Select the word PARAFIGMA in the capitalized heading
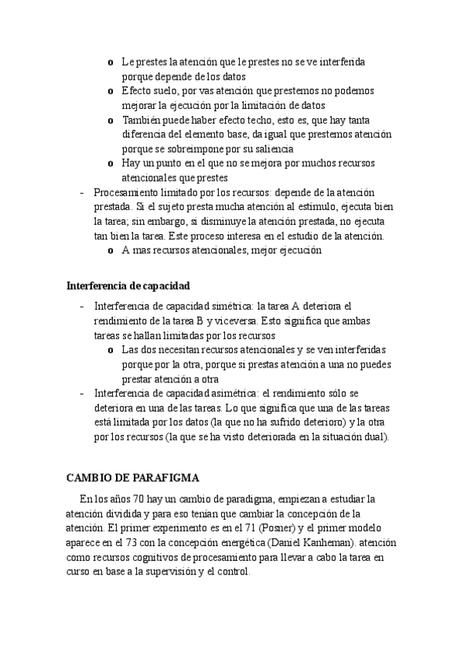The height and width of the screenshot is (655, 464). pos(167,477)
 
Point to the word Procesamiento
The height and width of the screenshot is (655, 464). pos(128,192)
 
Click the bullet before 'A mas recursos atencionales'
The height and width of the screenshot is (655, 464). pos(112,251)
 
